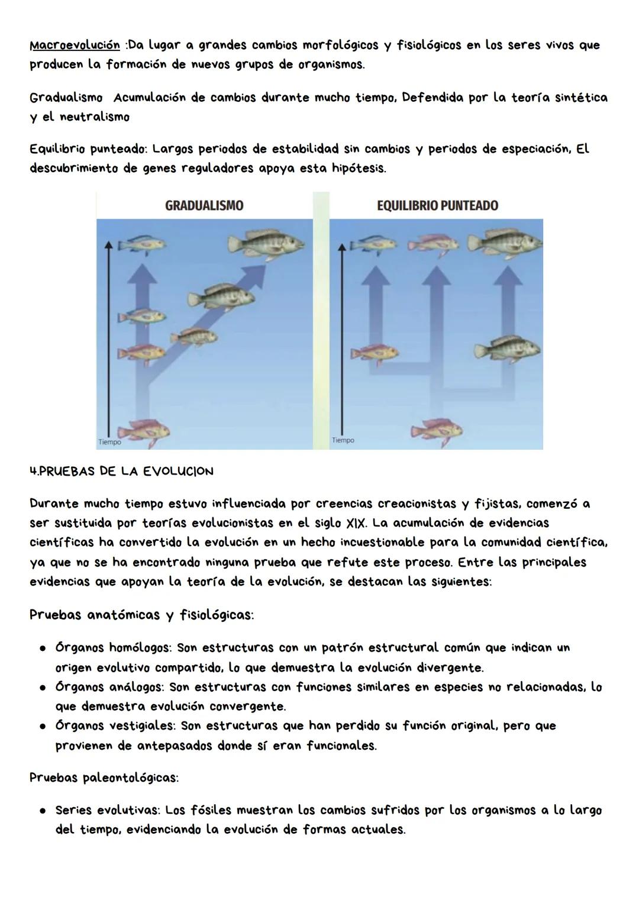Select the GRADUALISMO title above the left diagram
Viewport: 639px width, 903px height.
(204, 205)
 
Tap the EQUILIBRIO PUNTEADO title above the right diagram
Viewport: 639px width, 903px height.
(437, 205)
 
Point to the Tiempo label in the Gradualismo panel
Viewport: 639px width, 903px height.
(109, 441)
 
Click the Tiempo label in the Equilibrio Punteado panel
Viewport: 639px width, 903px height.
(343, 440)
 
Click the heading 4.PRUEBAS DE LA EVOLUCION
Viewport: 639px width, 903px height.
(121, 472)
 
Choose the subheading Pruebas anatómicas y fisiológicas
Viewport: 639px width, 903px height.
(141, 615)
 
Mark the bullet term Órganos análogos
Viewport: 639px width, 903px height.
(111, 687)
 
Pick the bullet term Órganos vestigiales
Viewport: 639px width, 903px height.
(115, 726)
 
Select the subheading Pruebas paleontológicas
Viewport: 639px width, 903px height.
(104, 778)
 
